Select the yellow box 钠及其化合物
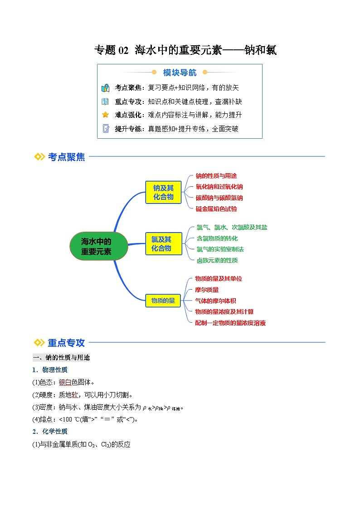pos(163,192)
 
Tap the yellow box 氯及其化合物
pos(161,243)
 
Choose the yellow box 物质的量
pos(163,300)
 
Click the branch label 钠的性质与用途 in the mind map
pos(216,175)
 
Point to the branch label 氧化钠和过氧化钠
pos(219,186)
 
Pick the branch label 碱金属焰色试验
pos(216,209)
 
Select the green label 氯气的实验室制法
pos(220,249)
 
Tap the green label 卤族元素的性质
pos(217,260)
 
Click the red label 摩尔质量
pos(207,290)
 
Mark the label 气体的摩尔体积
pos(215,301)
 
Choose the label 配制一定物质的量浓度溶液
pos(230,323)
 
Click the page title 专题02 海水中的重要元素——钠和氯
pos(185,50)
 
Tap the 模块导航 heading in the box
pos(180,73)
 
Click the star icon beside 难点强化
pos(105,115)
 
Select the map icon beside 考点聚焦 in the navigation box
pos(105,88)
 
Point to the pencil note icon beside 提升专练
pos(106,128)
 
